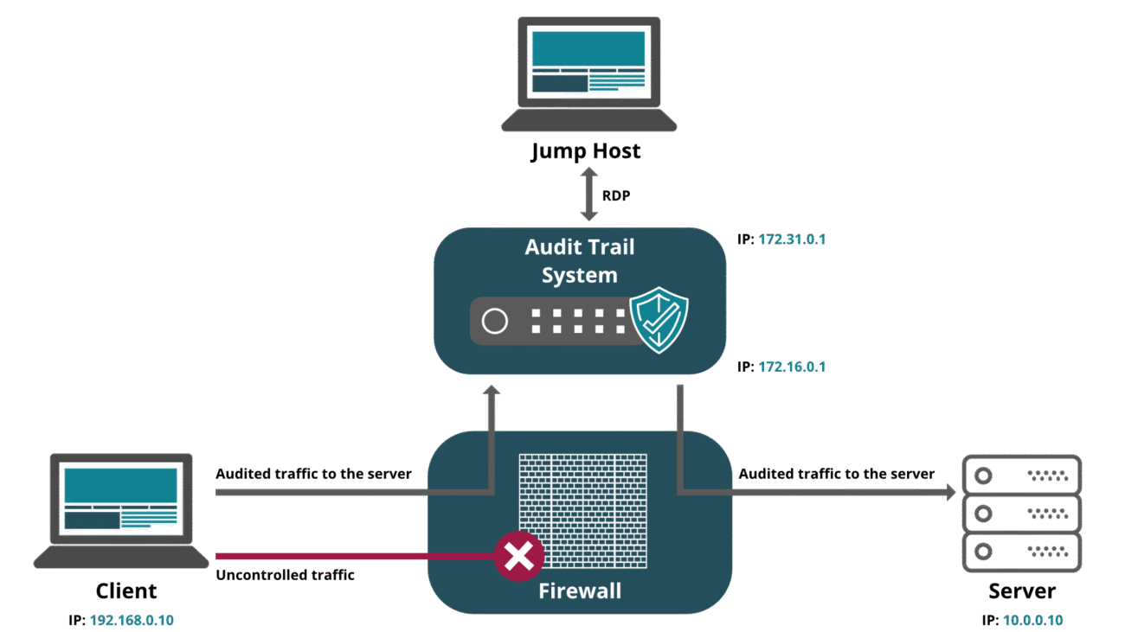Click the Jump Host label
587,151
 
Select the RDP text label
616,196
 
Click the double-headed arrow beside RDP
589,195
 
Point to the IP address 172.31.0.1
792,239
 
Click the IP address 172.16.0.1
792,367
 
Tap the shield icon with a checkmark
659,320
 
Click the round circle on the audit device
494,322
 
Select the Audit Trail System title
580,261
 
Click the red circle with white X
519,556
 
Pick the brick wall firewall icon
582,510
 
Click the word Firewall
580,591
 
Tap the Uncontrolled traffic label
285,574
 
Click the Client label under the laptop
126,591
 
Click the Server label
1022,591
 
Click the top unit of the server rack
1022,475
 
